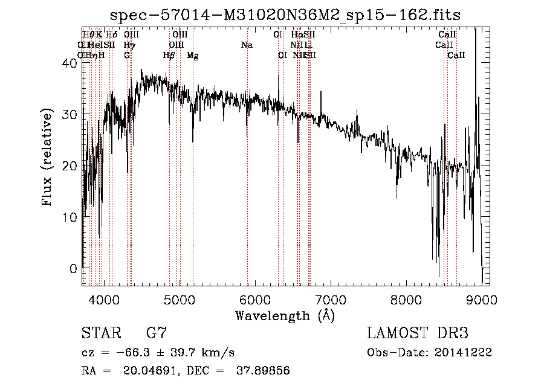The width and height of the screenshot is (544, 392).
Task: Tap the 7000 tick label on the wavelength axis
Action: (330, 299)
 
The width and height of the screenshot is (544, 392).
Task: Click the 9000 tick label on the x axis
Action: (481, 299)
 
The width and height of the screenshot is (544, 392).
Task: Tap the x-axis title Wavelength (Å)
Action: (285, 315)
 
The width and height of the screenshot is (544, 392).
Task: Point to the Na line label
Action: (247, 45)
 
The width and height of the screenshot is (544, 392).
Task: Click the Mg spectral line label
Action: (192, 56)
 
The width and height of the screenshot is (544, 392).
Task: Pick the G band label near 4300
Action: (127, 56)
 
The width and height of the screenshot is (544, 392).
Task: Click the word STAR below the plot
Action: (98, 333)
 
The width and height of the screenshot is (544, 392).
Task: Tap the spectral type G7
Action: (156, 333)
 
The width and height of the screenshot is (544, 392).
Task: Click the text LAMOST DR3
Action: (418, 333)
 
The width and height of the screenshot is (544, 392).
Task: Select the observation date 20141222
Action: (466, 353)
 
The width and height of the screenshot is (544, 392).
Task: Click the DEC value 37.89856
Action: (265, 371)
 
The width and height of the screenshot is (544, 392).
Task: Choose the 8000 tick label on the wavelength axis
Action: (406, 299)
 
